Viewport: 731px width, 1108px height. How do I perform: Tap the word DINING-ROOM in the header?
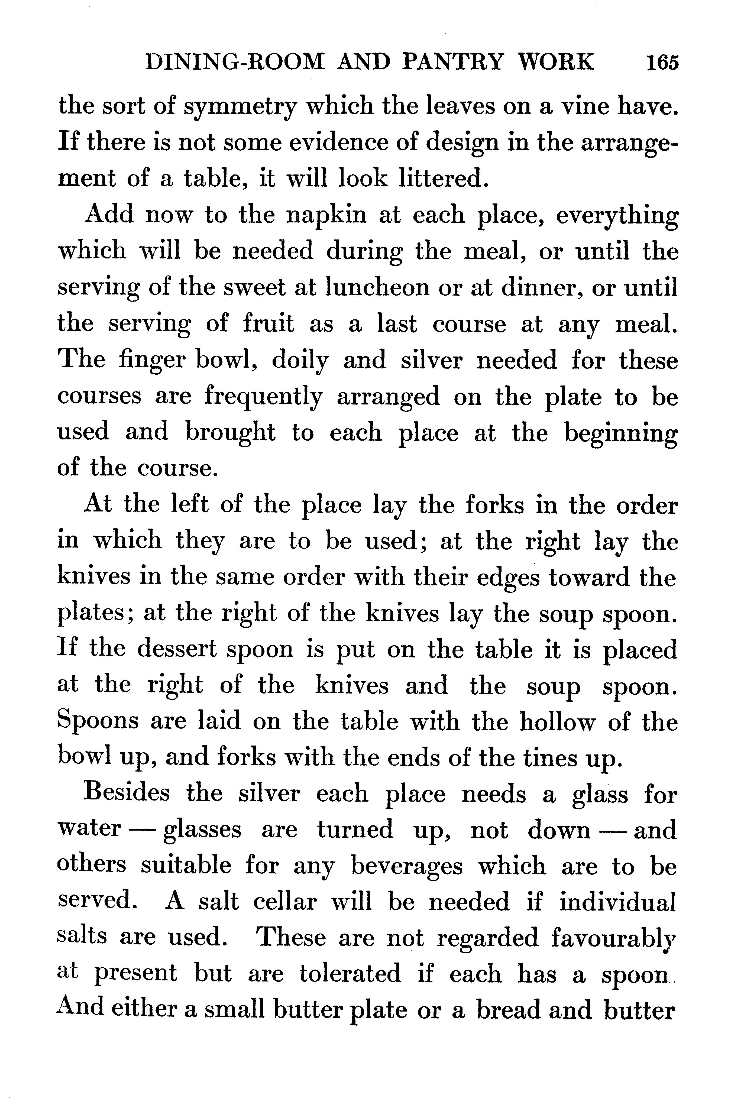234,62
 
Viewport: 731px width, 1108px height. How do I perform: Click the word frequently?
263,397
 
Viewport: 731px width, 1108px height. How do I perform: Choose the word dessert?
177,649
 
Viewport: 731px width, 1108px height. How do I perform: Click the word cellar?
285,902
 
